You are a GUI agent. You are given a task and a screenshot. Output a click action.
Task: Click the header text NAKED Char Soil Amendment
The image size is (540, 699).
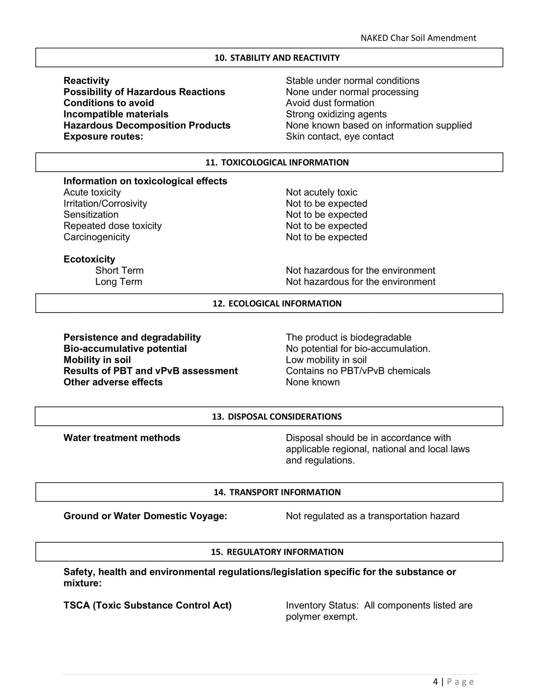(418, 38)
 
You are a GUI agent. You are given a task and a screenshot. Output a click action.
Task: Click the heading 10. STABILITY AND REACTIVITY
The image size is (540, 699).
(277, 58)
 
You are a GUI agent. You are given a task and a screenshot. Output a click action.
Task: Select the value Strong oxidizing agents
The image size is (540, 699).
(336, 114)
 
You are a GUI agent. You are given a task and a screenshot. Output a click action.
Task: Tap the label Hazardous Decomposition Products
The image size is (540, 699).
(147, 125)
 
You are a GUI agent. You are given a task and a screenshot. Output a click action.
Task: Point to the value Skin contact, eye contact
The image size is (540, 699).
(339, 136)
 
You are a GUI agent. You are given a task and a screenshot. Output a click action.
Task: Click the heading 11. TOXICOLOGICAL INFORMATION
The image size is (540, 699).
(277, 163)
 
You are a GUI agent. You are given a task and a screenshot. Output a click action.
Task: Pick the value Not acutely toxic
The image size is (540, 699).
(321, 193)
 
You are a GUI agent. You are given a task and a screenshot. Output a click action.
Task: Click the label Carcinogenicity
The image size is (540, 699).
(96, 237)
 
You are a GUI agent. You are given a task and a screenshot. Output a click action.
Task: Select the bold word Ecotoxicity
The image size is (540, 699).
(89, 259)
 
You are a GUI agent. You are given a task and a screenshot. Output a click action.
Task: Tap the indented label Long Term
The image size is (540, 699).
(118, 281)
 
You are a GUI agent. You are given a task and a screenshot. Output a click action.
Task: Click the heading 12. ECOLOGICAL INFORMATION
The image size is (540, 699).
(277, 304)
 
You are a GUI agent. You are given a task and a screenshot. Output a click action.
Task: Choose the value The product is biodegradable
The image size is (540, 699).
(348, 338)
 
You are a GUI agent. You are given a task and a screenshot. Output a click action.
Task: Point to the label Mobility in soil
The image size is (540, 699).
(97, 360)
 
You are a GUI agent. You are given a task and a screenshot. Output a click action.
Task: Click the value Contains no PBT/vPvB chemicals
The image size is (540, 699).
(358, 371)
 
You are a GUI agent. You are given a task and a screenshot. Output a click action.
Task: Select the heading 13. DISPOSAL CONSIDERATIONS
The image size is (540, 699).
(277, 417)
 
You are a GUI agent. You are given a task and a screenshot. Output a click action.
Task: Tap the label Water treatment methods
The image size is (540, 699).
(122, 438)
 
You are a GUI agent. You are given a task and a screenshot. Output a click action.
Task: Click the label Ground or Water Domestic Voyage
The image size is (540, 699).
(145, 516)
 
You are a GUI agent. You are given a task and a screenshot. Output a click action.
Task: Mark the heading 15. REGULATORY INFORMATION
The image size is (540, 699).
(277, 552)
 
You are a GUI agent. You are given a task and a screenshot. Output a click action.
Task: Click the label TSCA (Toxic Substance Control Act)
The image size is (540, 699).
(147, 606)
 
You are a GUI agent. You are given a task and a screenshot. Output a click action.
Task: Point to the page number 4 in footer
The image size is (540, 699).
(435, 682)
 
